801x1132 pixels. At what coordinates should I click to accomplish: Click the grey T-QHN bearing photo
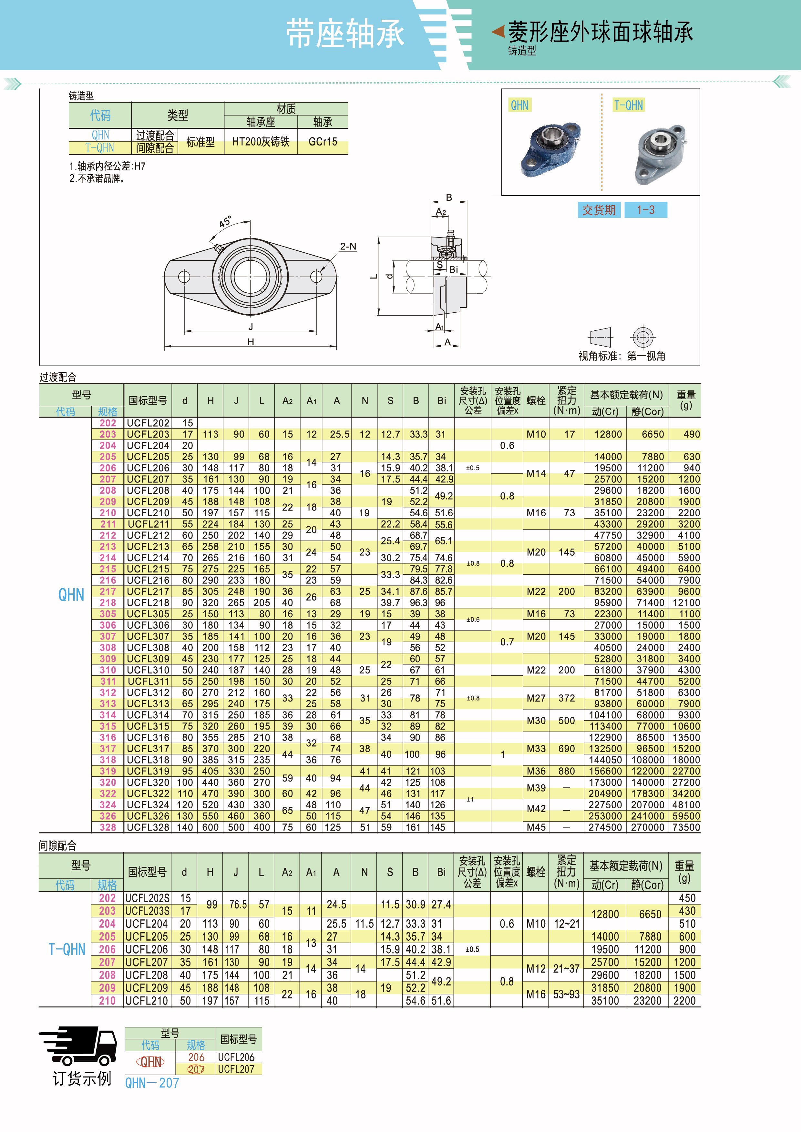pyautogui.click(x=660, y=154)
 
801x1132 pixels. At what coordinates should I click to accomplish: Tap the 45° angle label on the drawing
pyautogui.click(x=225, y=222)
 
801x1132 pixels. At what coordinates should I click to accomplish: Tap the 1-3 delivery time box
pyautogui.click(x=646, y=210)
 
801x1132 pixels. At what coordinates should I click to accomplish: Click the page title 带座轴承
pyautogui.click(x=345, y=34)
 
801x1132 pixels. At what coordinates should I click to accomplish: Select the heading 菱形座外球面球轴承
pyautogui.click(x=601, y=32)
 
